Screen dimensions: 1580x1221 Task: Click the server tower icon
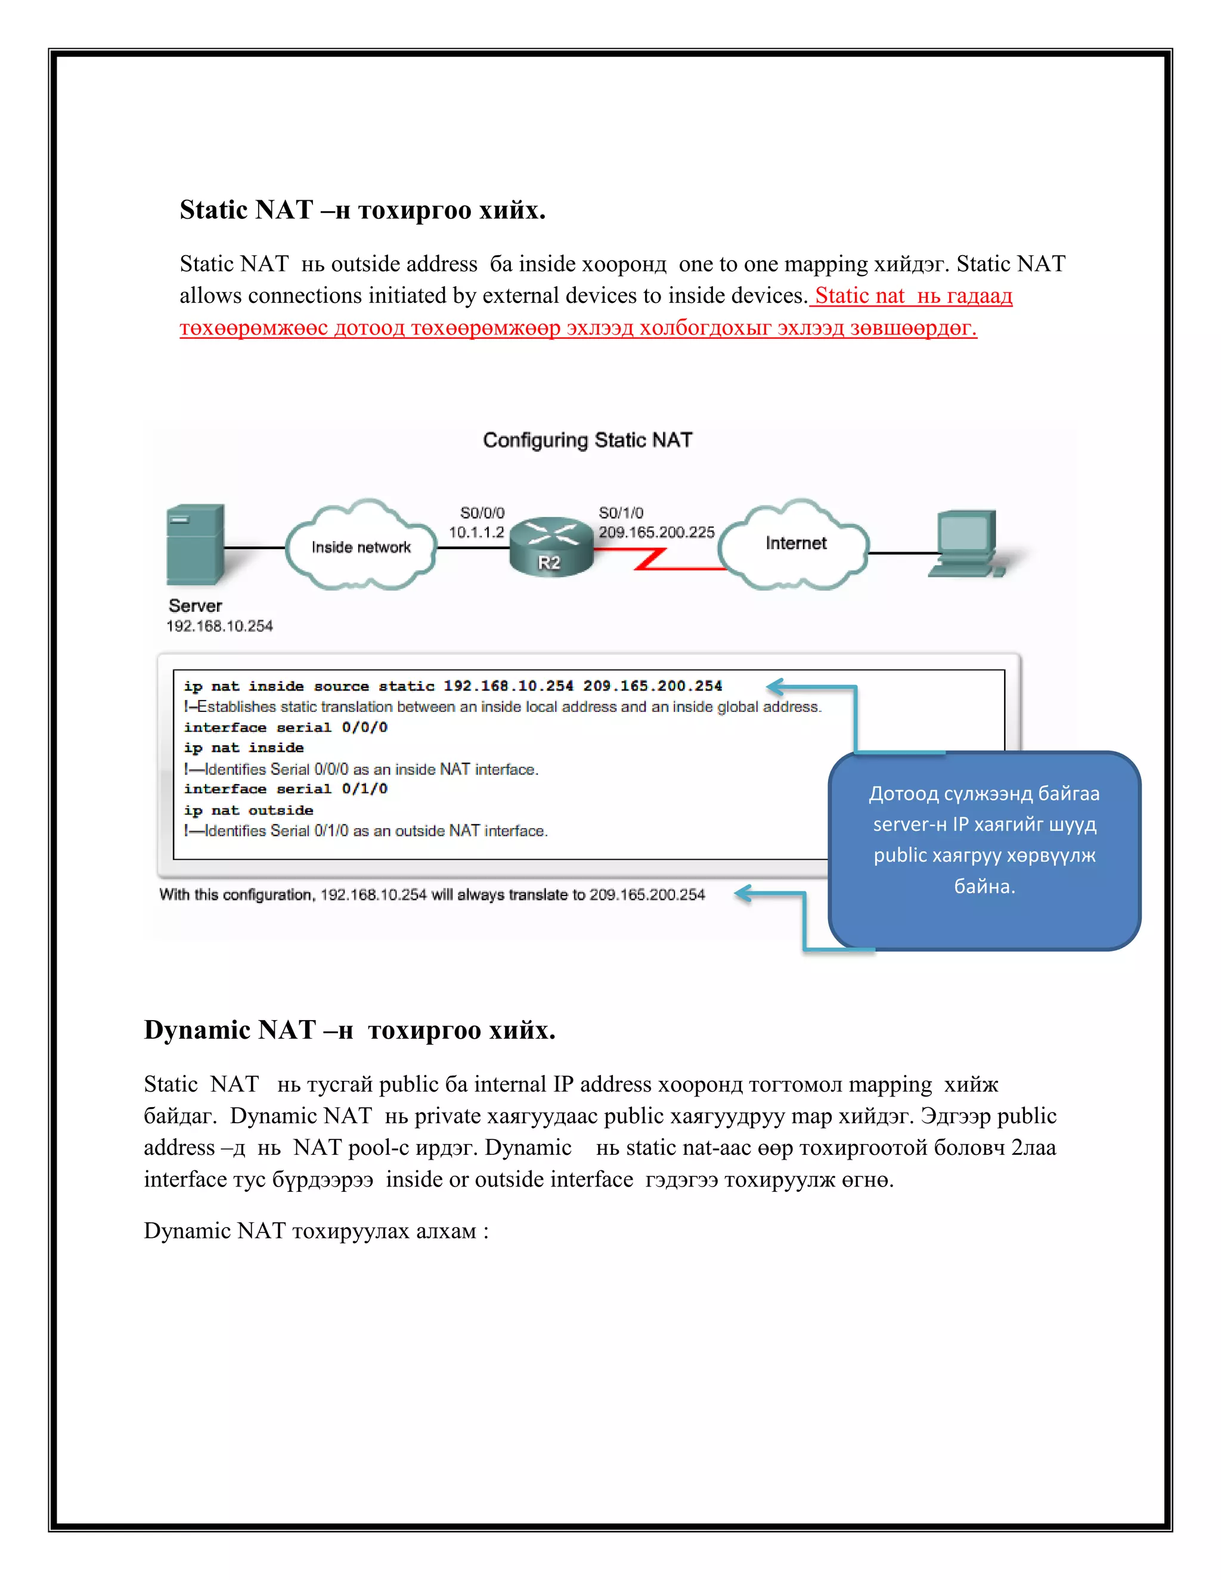coord(194,544)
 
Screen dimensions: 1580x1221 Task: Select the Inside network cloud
coord(361,546)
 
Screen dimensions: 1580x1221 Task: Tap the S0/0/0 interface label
coord(482,513)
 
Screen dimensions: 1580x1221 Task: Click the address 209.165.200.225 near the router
coord(656,532)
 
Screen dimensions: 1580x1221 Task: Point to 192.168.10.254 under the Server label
coord(219,626)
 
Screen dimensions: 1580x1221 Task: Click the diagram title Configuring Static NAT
coord(587,440)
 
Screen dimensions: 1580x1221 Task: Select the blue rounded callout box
coord(984,851)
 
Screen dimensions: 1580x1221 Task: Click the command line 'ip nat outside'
coord(248,810)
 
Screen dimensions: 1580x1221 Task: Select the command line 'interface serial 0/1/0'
coord(286,789)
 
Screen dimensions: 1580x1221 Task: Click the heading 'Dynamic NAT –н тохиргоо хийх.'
coord(349,1030)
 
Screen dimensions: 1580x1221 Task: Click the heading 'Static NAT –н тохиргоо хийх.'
coord(362,210)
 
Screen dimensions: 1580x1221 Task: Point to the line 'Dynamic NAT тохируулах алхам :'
coord(316,1231)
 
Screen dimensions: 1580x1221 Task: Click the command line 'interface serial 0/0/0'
coord(286,728)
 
